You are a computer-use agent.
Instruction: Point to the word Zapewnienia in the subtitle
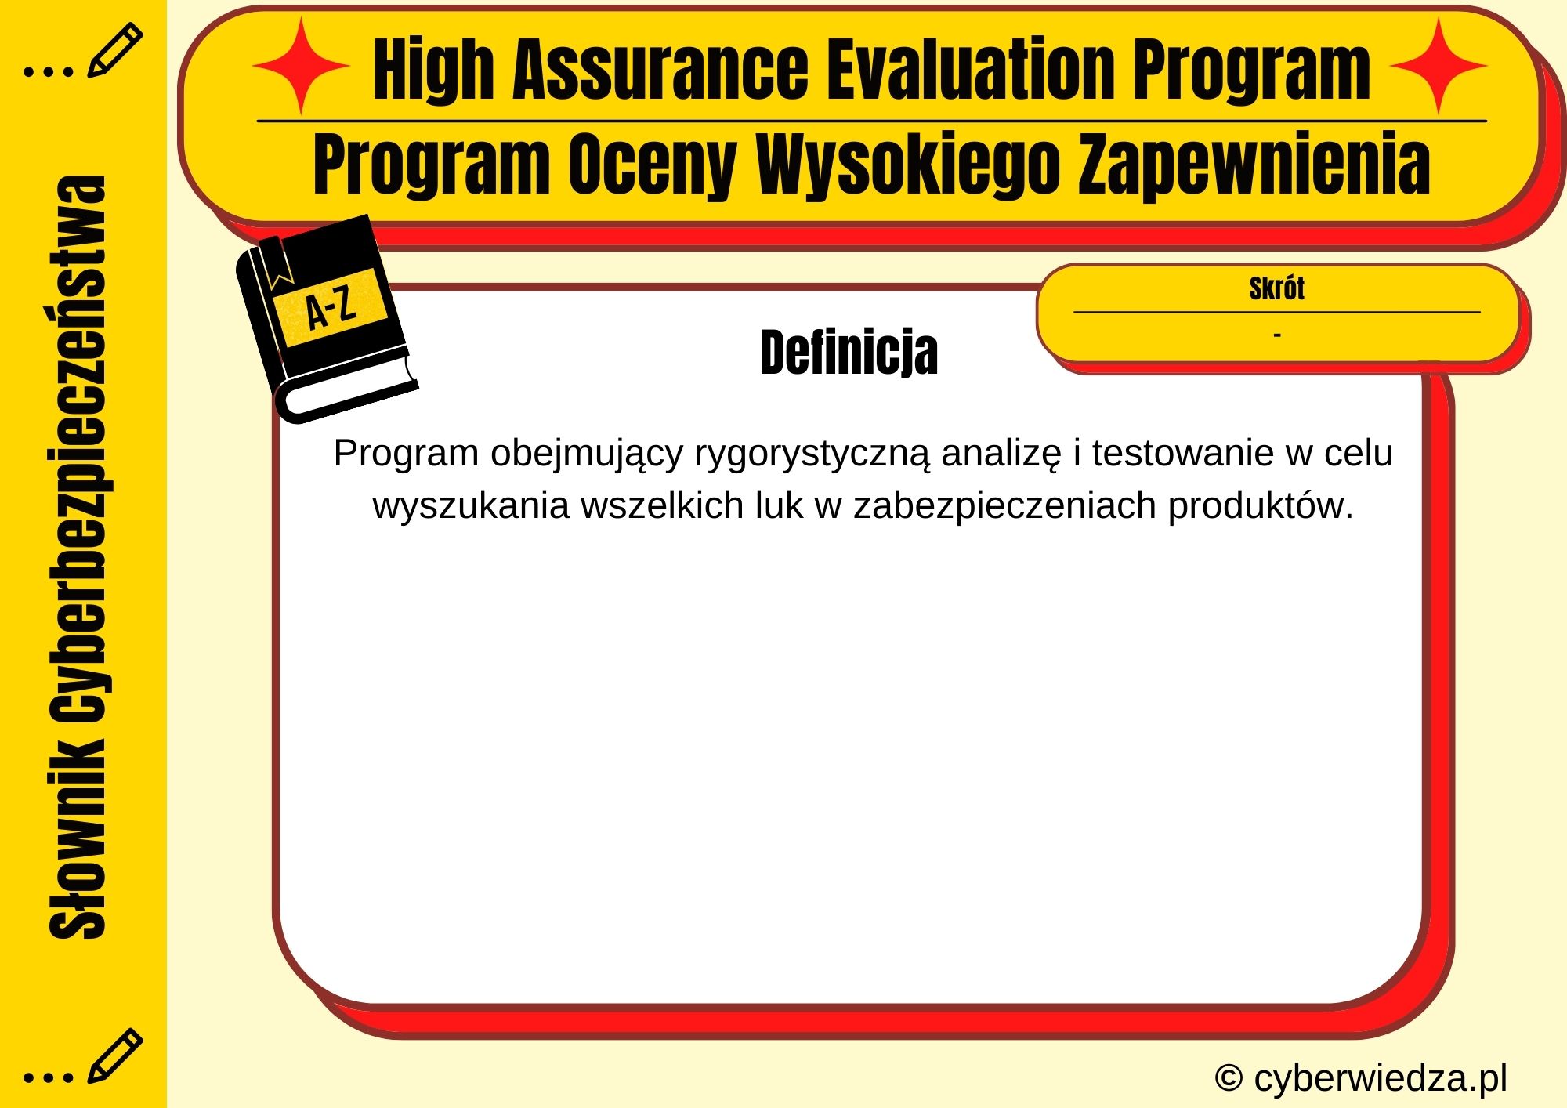(x=1254, y=165)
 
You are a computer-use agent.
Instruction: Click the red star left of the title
(x=300, y=66)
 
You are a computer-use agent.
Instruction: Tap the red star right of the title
(x=1439, y=66)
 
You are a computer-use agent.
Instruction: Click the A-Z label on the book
(x=331, y=308)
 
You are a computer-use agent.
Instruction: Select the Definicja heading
(x=849, y=353)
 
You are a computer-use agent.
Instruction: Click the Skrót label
(x=1276, y=288)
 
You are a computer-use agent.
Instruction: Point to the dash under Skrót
(x=1277, y=335)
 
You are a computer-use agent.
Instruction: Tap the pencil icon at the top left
(x=114, y=50)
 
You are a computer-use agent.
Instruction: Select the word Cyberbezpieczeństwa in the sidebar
(x=78, y=451)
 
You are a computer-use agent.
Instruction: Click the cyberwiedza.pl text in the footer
(x=1380, y=1078)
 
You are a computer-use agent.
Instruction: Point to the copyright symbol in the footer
(x=1229, y=1078)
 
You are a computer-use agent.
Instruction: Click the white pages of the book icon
(x=349, y=391)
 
